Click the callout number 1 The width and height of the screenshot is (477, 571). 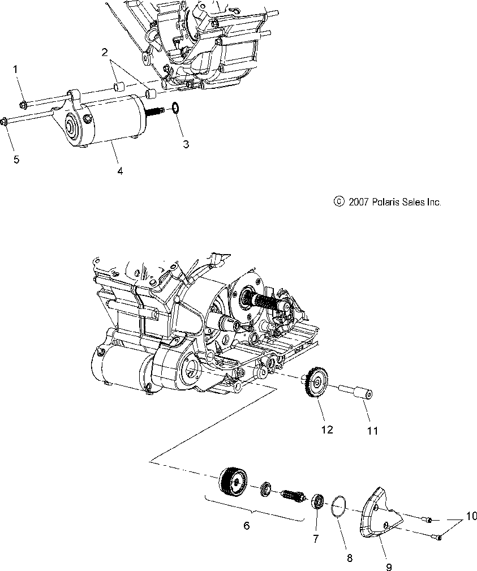pos(15,69)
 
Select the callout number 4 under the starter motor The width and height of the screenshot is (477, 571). pos(119,170)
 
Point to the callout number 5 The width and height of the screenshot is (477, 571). pos(16,160)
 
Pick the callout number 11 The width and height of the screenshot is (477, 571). pos(372,431)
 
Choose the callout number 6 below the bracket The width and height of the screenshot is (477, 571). pos(247,526)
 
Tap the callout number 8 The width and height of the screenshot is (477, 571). pos(350,558)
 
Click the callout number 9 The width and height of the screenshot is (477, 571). pos(389,566)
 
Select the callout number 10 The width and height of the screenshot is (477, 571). pos(471,516)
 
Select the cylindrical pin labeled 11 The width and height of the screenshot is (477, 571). pos(356,393)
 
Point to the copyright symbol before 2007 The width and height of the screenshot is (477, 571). pos(338,201)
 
